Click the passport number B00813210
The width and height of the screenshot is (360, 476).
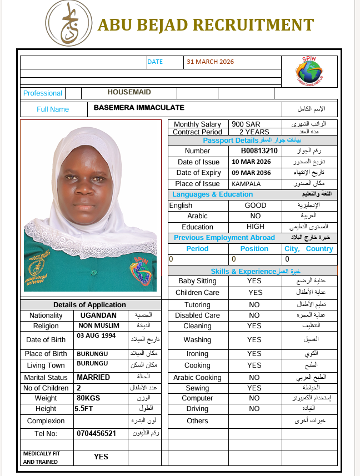click(x=259, y=151)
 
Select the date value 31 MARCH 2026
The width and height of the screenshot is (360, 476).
click(x=211, y=62)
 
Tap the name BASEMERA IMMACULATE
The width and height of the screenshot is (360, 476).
click(x=139, y=108)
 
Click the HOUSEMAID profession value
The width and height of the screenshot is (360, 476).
click(x=129, y=93)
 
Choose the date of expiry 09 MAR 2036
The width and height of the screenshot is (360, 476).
click(x=252, y=173)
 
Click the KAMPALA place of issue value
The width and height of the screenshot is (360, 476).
click(x=246, y=184)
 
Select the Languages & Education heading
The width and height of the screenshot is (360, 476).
click(x=212, y=194)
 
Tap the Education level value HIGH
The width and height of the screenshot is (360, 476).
click(x=256, y=227)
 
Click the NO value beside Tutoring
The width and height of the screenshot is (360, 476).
click(x=254, y=305)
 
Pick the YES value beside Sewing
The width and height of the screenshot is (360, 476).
click(x=254, y=388)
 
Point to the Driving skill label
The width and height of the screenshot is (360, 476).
click(x=197, y=409)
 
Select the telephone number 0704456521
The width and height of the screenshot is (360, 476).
click(x=96, y=433)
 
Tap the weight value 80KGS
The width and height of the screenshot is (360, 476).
click(x=88, y=398)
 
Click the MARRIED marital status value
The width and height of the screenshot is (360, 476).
click(x=93, y=378)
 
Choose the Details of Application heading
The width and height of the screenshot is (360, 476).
click(x=89, y=305)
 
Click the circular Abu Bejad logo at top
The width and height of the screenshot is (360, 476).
click(x=69, y=23)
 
